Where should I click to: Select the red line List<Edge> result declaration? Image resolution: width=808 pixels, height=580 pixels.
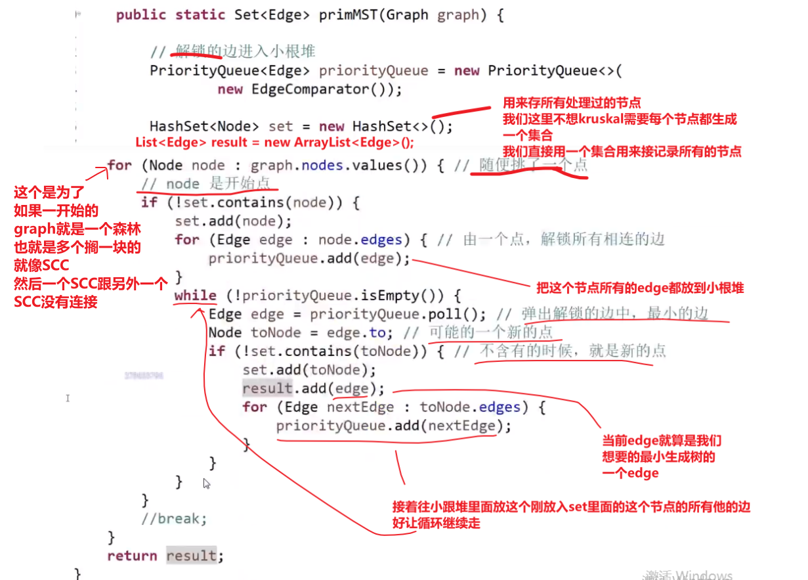(x=275, y=143)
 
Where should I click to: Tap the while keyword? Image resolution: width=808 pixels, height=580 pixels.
(x=195, y=296)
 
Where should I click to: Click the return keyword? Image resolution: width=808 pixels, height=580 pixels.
(x=132, y=556)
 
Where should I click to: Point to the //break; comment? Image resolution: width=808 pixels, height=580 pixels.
(x=174, y=519)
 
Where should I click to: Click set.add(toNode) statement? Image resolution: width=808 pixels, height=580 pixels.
(x=309, y=370)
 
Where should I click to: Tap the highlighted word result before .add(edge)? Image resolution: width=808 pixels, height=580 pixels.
(x=266, y=388)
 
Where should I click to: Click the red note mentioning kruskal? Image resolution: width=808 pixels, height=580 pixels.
(x=620, y=119)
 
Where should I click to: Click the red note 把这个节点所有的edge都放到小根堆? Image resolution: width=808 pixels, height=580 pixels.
(x=640, y=288)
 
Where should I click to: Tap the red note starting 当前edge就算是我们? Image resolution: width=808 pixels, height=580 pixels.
(x=662, y=441)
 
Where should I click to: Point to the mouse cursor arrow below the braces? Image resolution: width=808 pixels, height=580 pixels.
(x=206, y=483)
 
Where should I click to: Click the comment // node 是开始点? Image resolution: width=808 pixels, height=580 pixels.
(x=205, y=184)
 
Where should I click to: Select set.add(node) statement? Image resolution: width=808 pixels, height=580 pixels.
(x=233, y=221)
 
